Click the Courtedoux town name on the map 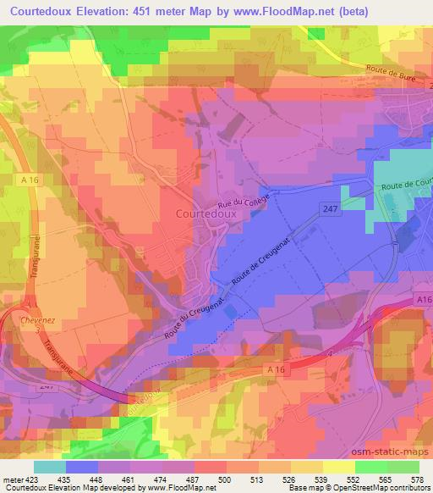(x=211, y=215)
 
